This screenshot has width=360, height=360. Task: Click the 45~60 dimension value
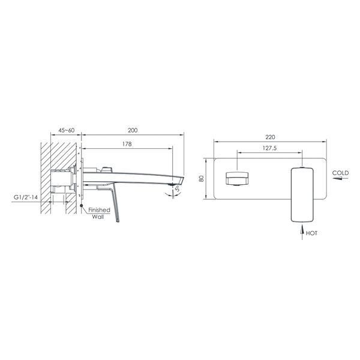point(67,130)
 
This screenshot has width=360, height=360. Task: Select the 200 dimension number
point(133,130)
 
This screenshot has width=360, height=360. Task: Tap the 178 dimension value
point(127,144)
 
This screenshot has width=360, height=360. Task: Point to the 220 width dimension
point(270,137)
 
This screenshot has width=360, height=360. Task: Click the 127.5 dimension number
point(270,148)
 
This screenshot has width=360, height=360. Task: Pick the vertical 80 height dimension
point(202,179)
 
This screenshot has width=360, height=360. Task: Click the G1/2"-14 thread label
point(26,197)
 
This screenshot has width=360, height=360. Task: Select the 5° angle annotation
point(178,189)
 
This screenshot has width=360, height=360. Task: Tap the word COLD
point(340,173)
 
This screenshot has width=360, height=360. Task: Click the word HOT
point(311,233)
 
